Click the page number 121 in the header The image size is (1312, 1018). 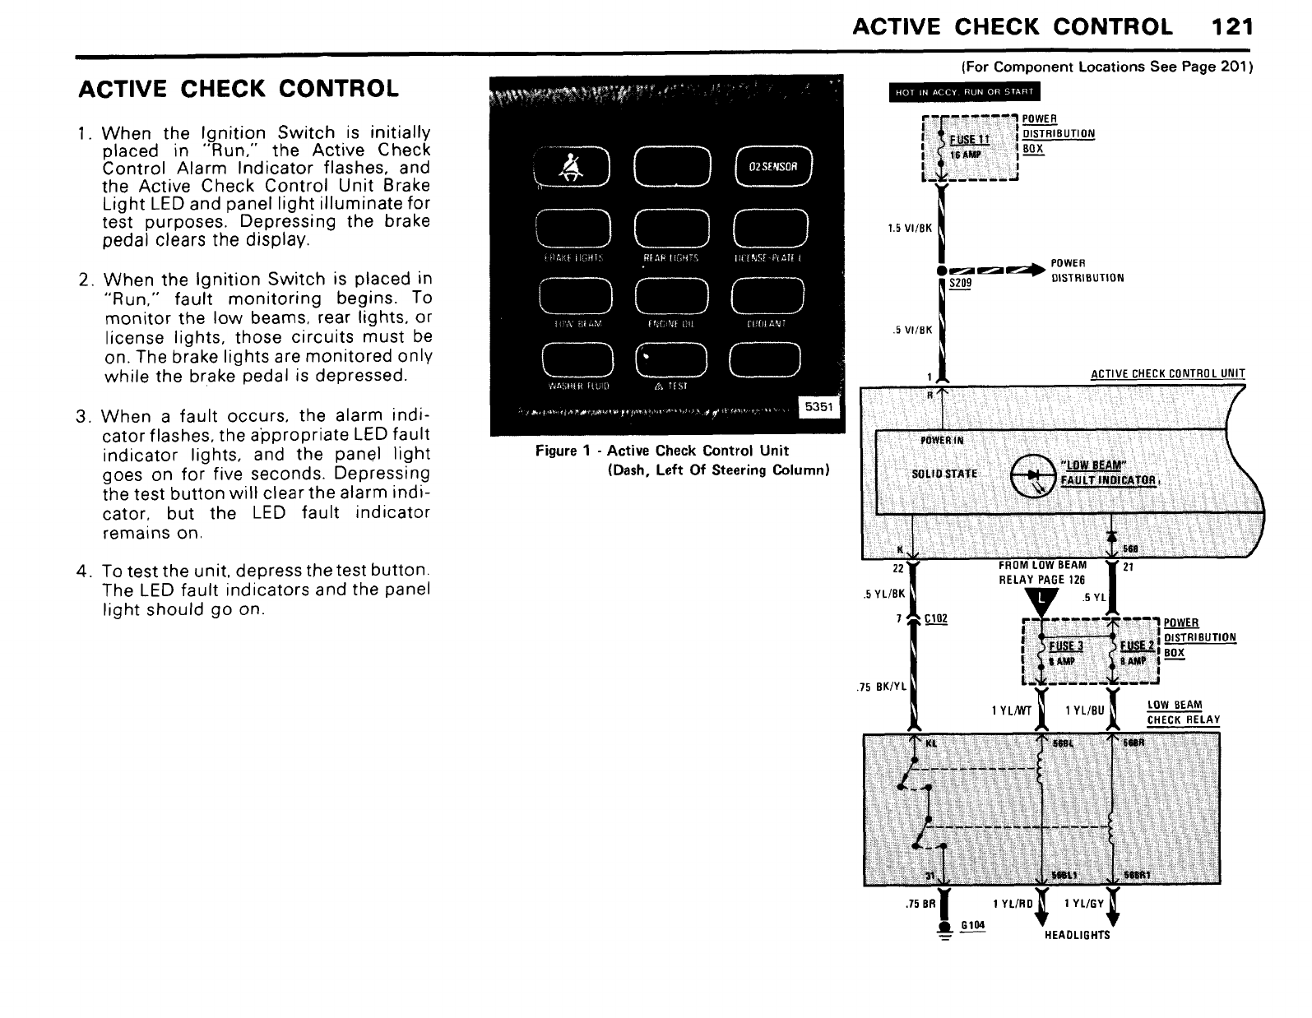(1231, 27)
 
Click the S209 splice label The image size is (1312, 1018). (960, 283)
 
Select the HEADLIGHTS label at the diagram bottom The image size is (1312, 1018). (1077, 935)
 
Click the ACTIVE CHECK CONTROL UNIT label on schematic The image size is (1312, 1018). (1167, 375)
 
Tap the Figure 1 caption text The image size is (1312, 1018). (662, 451)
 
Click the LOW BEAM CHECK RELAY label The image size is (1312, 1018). (1183, 713)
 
